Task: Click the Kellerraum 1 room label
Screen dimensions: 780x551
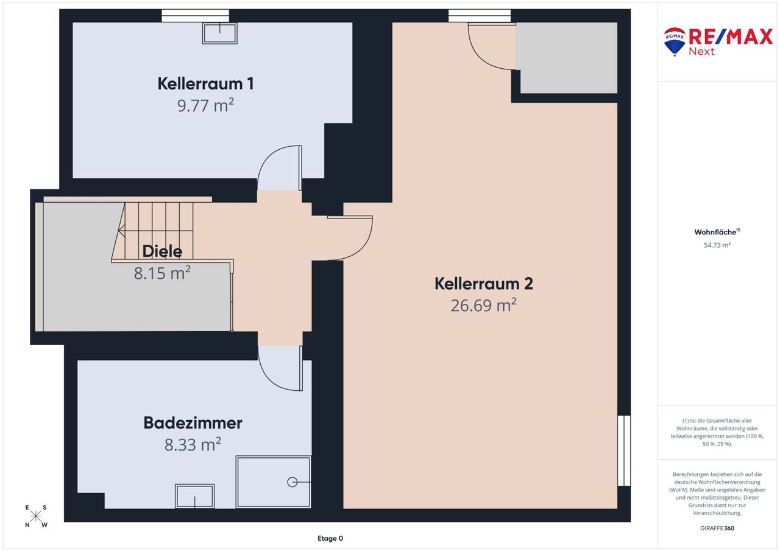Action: point(205,84)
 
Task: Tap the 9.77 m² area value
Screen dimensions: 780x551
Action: point(205,105)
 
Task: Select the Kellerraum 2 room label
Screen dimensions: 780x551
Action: point(484,284)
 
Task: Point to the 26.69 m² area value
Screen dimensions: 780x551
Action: point(484,305)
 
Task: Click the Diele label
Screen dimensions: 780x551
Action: point(162,251)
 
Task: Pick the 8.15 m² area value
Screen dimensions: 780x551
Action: point(162,273)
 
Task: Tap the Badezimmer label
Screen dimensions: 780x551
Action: point(193,423)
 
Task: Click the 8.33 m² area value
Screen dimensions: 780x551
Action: point(193,444)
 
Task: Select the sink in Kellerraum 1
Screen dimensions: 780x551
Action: point(220,33)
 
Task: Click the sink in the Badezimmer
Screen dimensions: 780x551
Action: point(194,496)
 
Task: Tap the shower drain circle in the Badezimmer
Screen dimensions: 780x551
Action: point(292,482)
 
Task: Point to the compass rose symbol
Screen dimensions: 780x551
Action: point(35,516)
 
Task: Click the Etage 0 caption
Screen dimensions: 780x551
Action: point(330,538)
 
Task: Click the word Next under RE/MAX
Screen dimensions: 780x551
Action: point(701,52)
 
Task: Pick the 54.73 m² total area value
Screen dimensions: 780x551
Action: point(717,245)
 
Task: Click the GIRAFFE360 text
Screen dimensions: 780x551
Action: point(717,528)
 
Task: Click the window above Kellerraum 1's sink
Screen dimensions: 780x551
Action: point(196,16)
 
